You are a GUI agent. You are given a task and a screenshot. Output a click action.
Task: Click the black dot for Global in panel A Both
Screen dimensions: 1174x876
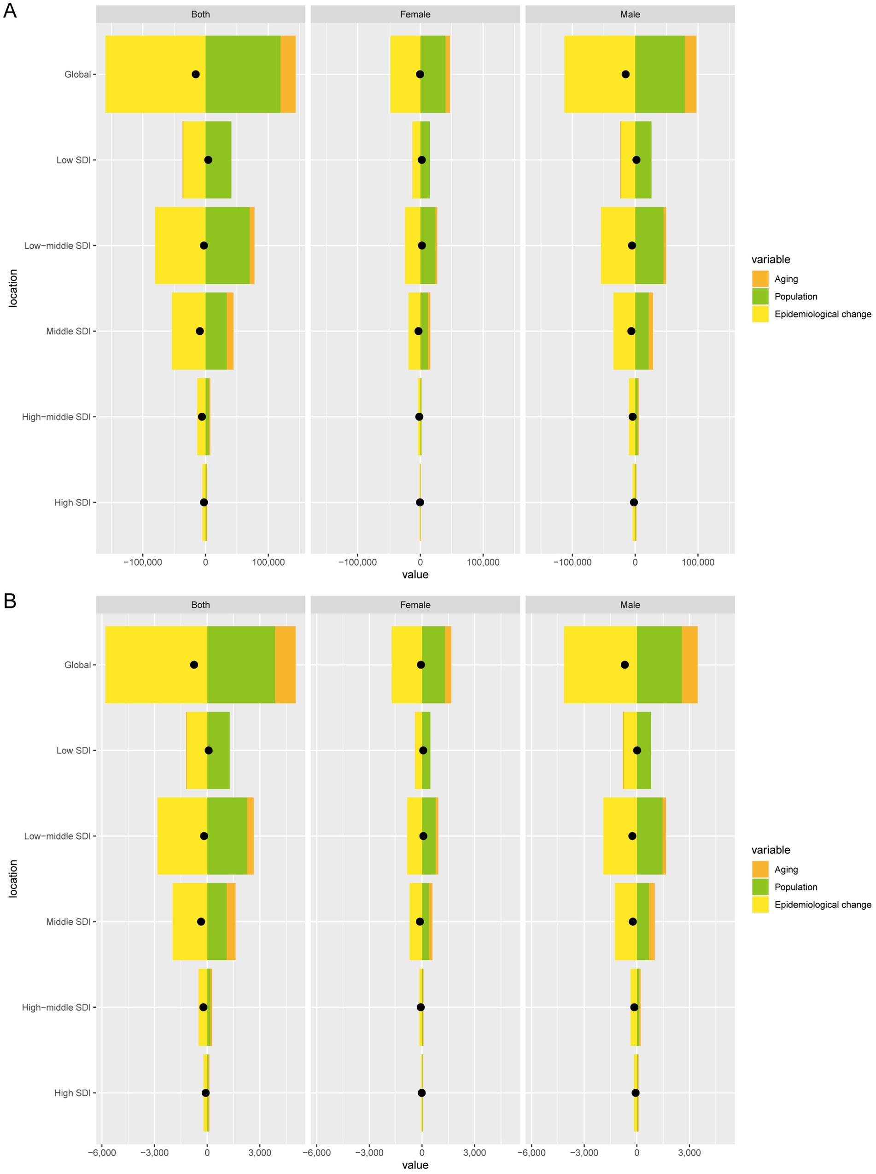pyautogui.click(x=196, y=74)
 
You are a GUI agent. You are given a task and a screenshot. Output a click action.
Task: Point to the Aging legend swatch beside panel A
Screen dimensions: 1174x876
pyautogui.click(x=760, y=279)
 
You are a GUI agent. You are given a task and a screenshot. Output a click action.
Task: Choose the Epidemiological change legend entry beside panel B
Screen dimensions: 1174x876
pyautogui.click(x=822, y=905)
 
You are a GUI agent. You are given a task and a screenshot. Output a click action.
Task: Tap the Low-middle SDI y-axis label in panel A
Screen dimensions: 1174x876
pyautogui.click(x=57, y=245)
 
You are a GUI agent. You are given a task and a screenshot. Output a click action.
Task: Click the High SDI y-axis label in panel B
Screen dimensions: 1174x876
pyautogui.click(x=72, y=1093)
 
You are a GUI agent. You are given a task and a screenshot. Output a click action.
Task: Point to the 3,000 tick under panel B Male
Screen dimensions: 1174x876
pyautogui.click(x=689, y=1153)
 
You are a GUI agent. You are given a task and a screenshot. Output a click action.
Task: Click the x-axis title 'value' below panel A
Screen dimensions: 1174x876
pyautogui.click(x=415, y=575)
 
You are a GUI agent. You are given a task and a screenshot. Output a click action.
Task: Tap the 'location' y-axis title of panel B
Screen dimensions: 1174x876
pyautogui.click(x=13, y=879)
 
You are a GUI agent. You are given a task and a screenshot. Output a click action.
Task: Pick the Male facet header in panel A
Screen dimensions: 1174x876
pyautogui.click(x=630, y=14)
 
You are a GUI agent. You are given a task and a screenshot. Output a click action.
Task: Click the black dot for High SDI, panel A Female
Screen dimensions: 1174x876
pyautogui.click(x=420, y=502)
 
